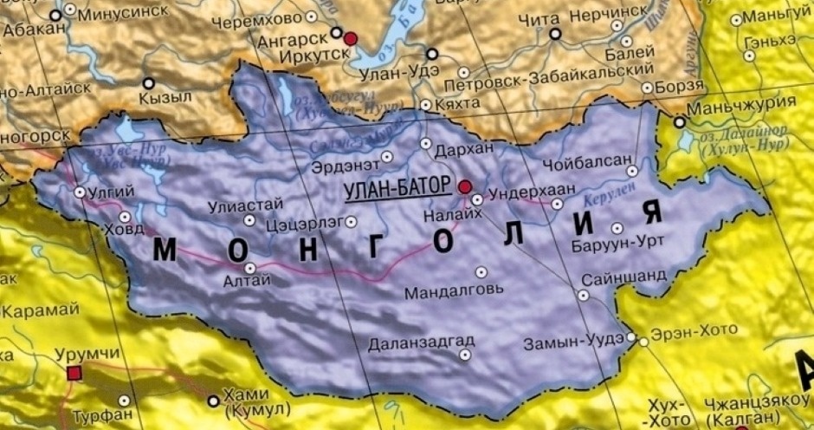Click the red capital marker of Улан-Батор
coord(465,186)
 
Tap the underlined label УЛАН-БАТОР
coord(397,187)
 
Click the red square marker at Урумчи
coord(74,373)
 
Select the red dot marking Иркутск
coord(351,39)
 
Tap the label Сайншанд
coord(623,276)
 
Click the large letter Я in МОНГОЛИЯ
coord(651,212)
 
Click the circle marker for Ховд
coord(125,217)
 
